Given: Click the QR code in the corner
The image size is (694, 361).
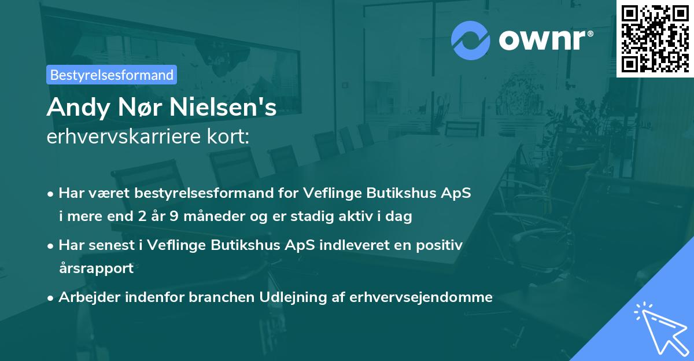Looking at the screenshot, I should [655, 38].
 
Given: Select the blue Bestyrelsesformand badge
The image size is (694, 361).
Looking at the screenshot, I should [112, 75].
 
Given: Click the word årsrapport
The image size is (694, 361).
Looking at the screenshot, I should [96, 268].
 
